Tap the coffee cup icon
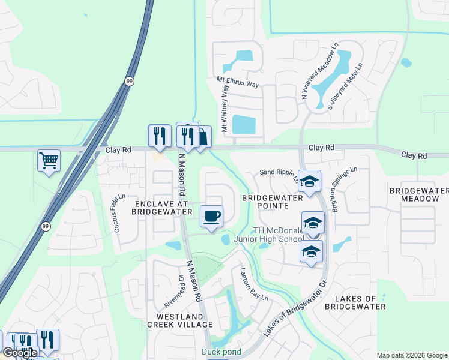pos(211,216)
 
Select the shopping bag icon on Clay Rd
pos(202,137)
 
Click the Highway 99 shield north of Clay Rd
pos(129,81)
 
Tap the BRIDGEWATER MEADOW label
pos(418,194)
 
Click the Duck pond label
pos(221,352)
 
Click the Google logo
pos(20,352)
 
